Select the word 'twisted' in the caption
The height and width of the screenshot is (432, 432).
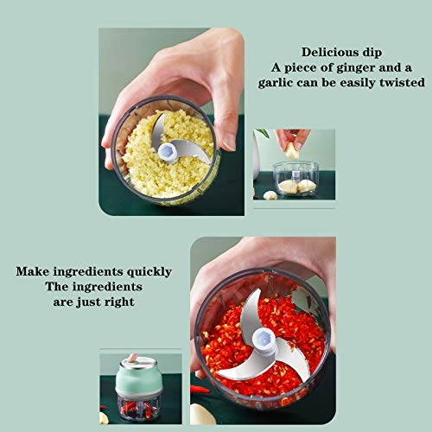pyautogui.click(x=399, y=83)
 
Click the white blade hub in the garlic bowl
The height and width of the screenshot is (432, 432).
pyautogui.click(x=168, y=153)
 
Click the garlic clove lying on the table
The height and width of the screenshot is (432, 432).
pyautogui.click(x=270, y=195)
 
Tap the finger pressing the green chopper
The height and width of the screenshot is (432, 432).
pyautogui.click(x=132, y=358)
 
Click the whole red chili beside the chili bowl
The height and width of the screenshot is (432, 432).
pyautogui.click(x=200, y=390)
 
